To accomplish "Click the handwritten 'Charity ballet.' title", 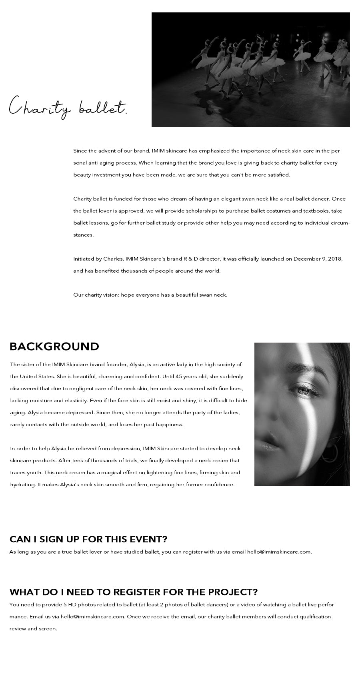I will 68,106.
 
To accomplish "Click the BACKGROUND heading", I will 54,347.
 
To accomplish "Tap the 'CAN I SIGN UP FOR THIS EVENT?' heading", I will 88,539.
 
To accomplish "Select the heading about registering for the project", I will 134,592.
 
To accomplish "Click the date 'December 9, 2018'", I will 318,259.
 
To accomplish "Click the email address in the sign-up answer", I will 279,552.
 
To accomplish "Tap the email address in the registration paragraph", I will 92,617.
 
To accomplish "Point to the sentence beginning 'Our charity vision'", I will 150,295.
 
